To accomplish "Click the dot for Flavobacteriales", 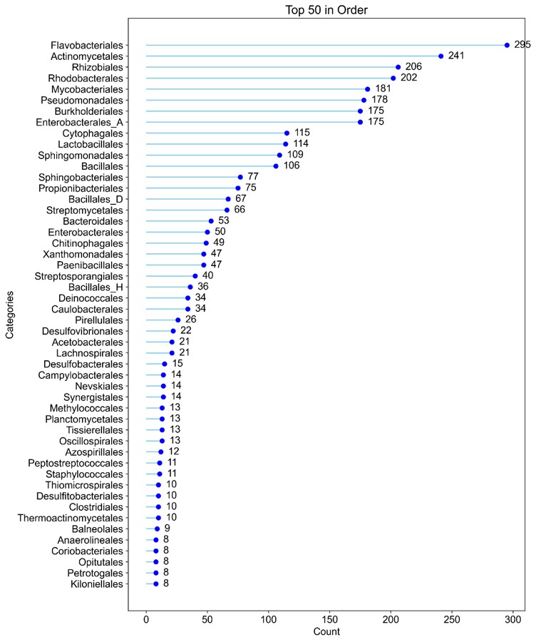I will (x=507, y=45).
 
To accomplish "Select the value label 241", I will (x=456, y=56).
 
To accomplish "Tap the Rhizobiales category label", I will (x=98, y=67).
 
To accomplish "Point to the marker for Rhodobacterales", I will (x=393, y=78).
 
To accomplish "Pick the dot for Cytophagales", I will (x=287, y=133).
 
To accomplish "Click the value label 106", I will (x=291, y=165).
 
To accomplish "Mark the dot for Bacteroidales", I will (x=211, y=221).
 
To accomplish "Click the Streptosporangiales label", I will (x=78, y=276).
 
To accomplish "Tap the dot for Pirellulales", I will (x=178, y=320).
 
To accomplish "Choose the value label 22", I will (x=185, y=331).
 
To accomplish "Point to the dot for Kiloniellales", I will (x=156, y=584).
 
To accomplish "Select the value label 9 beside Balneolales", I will (x=167, y=529).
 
